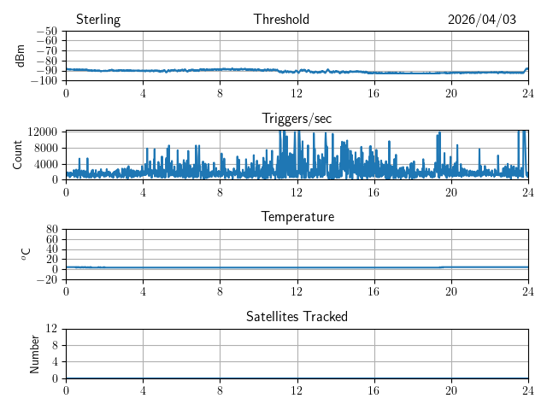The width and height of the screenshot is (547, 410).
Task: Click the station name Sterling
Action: [x=98, y=20]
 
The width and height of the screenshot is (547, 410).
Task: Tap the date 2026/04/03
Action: [x=482, y=20]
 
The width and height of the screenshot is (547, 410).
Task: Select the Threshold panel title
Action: [x=281, y=19]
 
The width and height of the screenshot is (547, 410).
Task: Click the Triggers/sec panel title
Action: [x=297, y=119]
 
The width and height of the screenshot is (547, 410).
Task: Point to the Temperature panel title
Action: [x=297, y=217]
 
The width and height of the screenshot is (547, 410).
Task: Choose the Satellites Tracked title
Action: [x=297, y=316]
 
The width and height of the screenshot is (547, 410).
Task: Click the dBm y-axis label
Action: [x=20, y=56]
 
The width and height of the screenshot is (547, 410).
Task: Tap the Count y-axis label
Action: [x=17, y=155]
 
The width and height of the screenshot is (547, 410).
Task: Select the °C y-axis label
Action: [x=26, y=255]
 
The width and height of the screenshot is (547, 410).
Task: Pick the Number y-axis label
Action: [x=34, y=354]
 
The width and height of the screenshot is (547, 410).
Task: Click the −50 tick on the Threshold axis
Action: [x=47, y=31]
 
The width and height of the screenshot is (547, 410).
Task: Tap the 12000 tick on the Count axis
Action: [x=43, y=132]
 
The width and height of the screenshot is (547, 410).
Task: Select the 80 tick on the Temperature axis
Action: [x=51, y=229]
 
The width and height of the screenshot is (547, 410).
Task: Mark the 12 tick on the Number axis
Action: [x=51, y=328]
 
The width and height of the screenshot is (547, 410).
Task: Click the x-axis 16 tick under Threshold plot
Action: [x=374, y=93]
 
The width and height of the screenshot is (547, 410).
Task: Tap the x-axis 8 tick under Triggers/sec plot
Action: [x=220, y=192]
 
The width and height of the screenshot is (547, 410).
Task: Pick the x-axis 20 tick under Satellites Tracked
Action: [x=451, y=390]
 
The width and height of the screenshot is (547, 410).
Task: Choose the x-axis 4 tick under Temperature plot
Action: [x=143, y=291]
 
